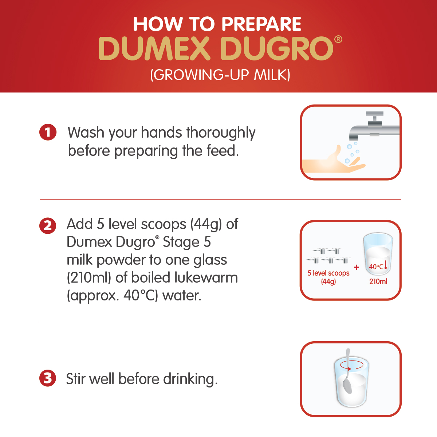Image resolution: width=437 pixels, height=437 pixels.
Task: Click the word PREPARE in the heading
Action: click(261, 24)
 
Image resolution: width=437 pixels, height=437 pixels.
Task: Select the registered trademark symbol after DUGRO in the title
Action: click(338, 39)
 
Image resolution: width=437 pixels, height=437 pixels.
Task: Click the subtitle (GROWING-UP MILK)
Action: click(220, 75)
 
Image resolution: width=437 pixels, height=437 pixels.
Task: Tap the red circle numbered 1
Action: click(48, 132)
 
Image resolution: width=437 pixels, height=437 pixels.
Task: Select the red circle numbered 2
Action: click(48, 226)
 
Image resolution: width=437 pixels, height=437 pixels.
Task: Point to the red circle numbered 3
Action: click(48, 378)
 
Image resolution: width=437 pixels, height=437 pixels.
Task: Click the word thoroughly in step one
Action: click(221, 133)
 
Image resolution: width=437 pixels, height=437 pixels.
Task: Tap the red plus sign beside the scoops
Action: click(357, 267)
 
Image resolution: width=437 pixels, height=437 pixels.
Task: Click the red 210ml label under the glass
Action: click(378, 282)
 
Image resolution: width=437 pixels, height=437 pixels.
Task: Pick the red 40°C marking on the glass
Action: click(376, 267)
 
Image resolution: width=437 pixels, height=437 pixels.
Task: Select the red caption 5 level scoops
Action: click(328, 273)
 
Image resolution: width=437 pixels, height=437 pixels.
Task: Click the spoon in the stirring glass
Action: click(347, 372)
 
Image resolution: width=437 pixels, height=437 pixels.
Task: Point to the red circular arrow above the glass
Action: click(351, 365)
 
